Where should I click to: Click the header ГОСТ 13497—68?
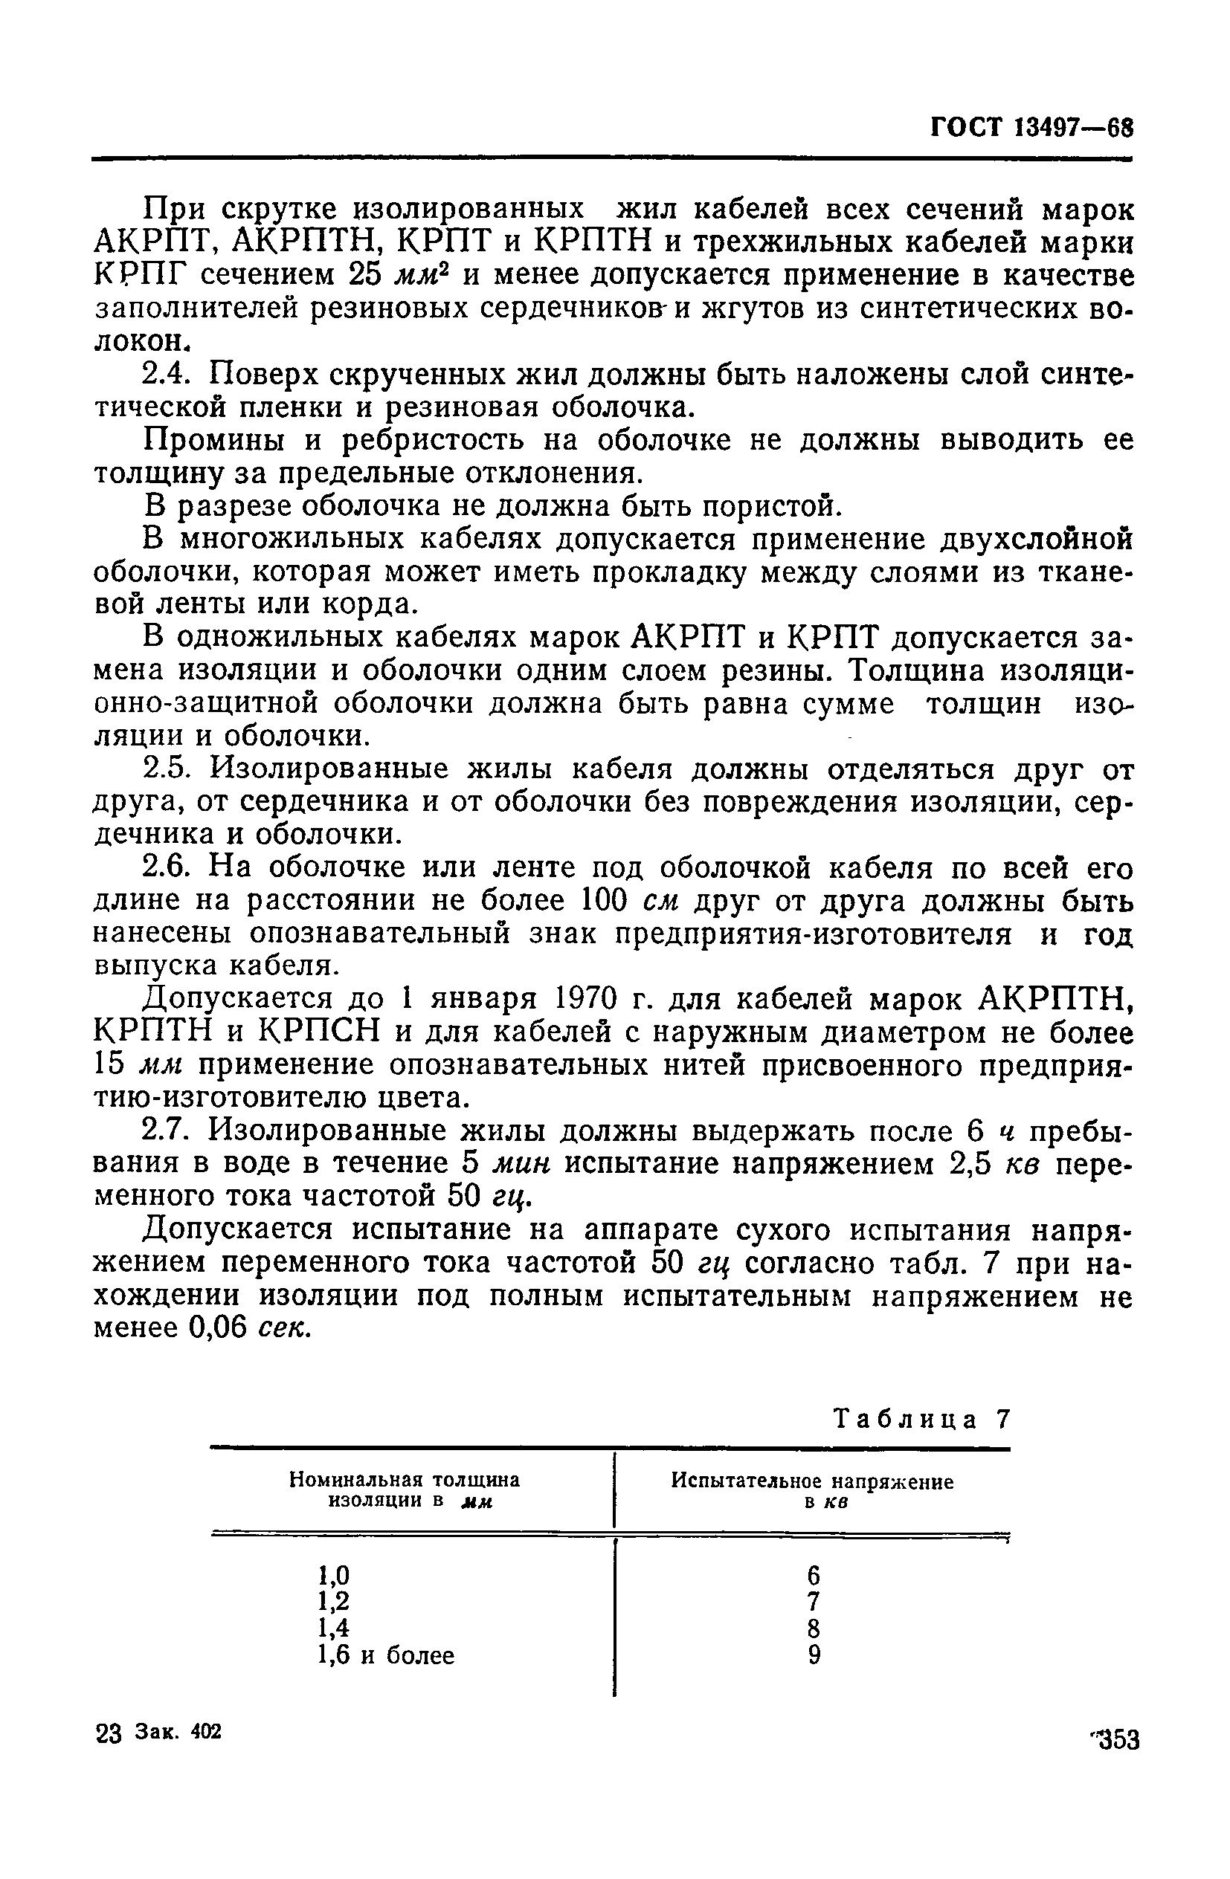(1031, 127)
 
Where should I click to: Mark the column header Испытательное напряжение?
(812, 1482)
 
